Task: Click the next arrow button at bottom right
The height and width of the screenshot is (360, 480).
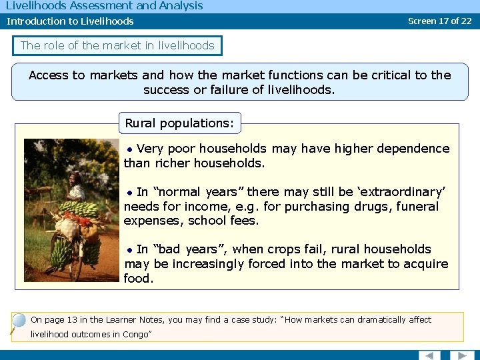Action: [461, 355]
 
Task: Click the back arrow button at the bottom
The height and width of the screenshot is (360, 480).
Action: [430, 355]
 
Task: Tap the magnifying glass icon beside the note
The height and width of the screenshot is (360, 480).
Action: [17, 323]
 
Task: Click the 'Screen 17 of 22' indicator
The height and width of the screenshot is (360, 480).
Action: [439, 21]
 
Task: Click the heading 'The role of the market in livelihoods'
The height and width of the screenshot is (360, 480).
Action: [117, 45]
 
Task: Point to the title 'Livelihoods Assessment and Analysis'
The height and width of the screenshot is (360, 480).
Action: [103, 6]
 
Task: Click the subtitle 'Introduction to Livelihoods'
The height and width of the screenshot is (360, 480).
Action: [70, 21]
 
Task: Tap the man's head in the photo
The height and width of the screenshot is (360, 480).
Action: [75, 178]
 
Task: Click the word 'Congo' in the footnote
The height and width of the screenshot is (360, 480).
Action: [135, 334]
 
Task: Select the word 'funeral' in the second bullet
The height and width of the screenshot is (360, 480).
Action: [417, 206]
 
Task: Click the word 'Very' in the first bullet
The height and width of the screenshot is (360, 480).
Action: [149, 149]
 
